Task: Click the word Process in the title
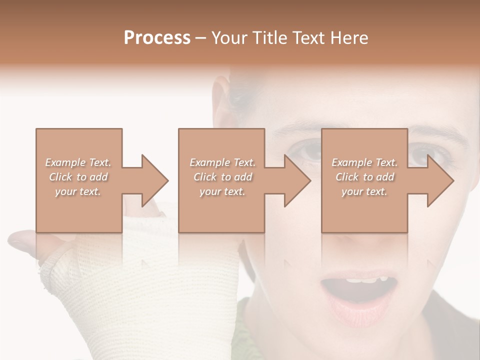coord(157,38)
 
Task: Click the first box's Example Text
coord(78,162)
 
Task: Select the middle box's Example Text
coord(222,162)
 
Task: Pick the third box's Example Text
coord(364,162)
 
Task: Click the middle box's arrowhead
coord(297,180)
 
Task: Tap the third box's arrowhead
coord(440,180)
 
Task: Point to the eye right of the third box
coord(425,152)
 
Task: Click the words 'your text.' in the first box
coord(78,191)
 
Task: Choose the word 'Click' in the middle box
coord(205,177)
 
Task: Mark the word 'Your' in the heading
coord(230,38)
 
